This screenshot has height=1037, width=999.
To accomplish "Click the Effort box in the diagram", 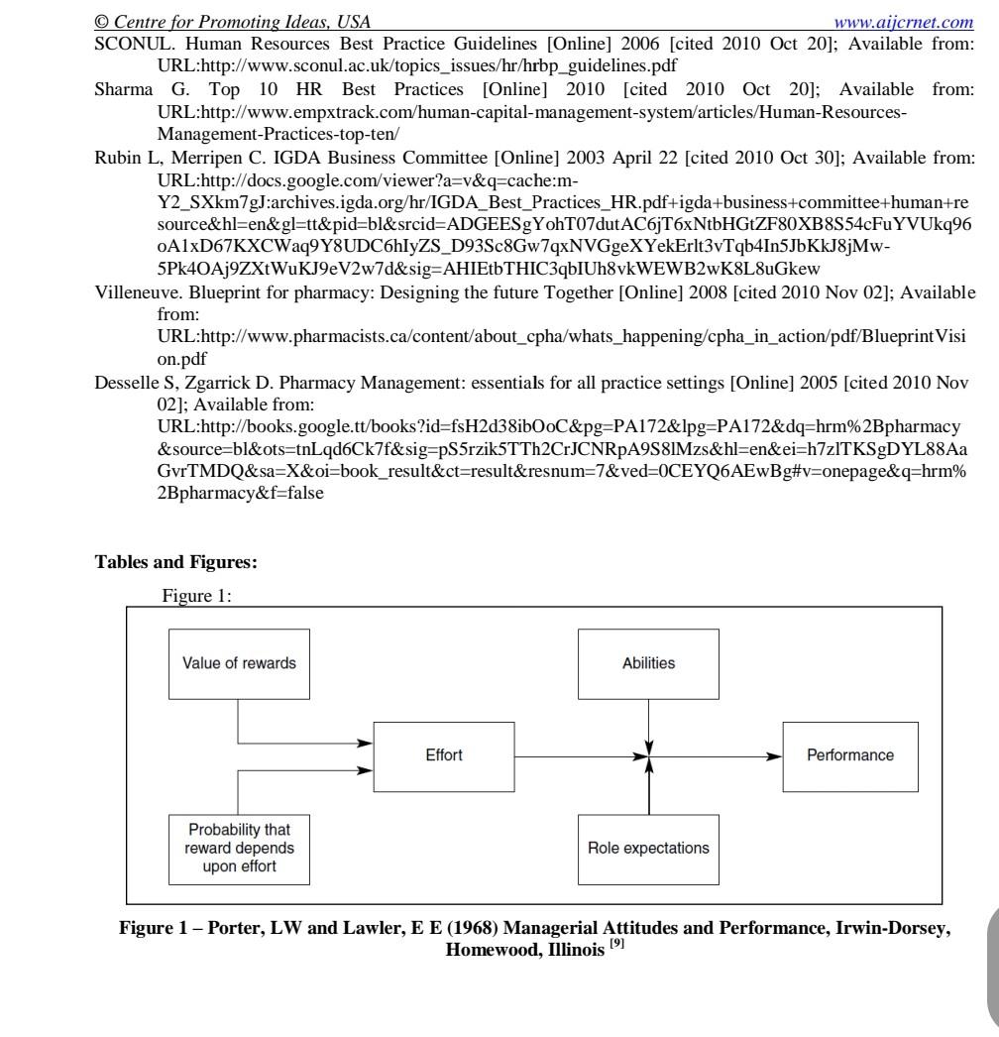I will pyautogui.click(x=443, y=755).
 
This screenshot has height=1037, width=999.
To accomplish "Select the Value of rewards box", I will pyautogui.click(x=239, y=663).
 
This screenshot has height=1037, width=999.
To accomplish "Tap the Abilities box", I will pyautogui.click(x=649, y=663).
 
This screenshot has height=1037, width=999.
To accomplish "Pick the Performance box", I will pyautogui.click(x=849, y=755).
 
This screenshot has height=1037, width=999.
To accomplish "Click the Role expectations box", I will pyautogui.click(x=648, y=848).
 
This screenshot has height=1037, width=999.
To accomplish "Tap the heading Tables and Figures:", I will pyautogui.click(x=175, y=562).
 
